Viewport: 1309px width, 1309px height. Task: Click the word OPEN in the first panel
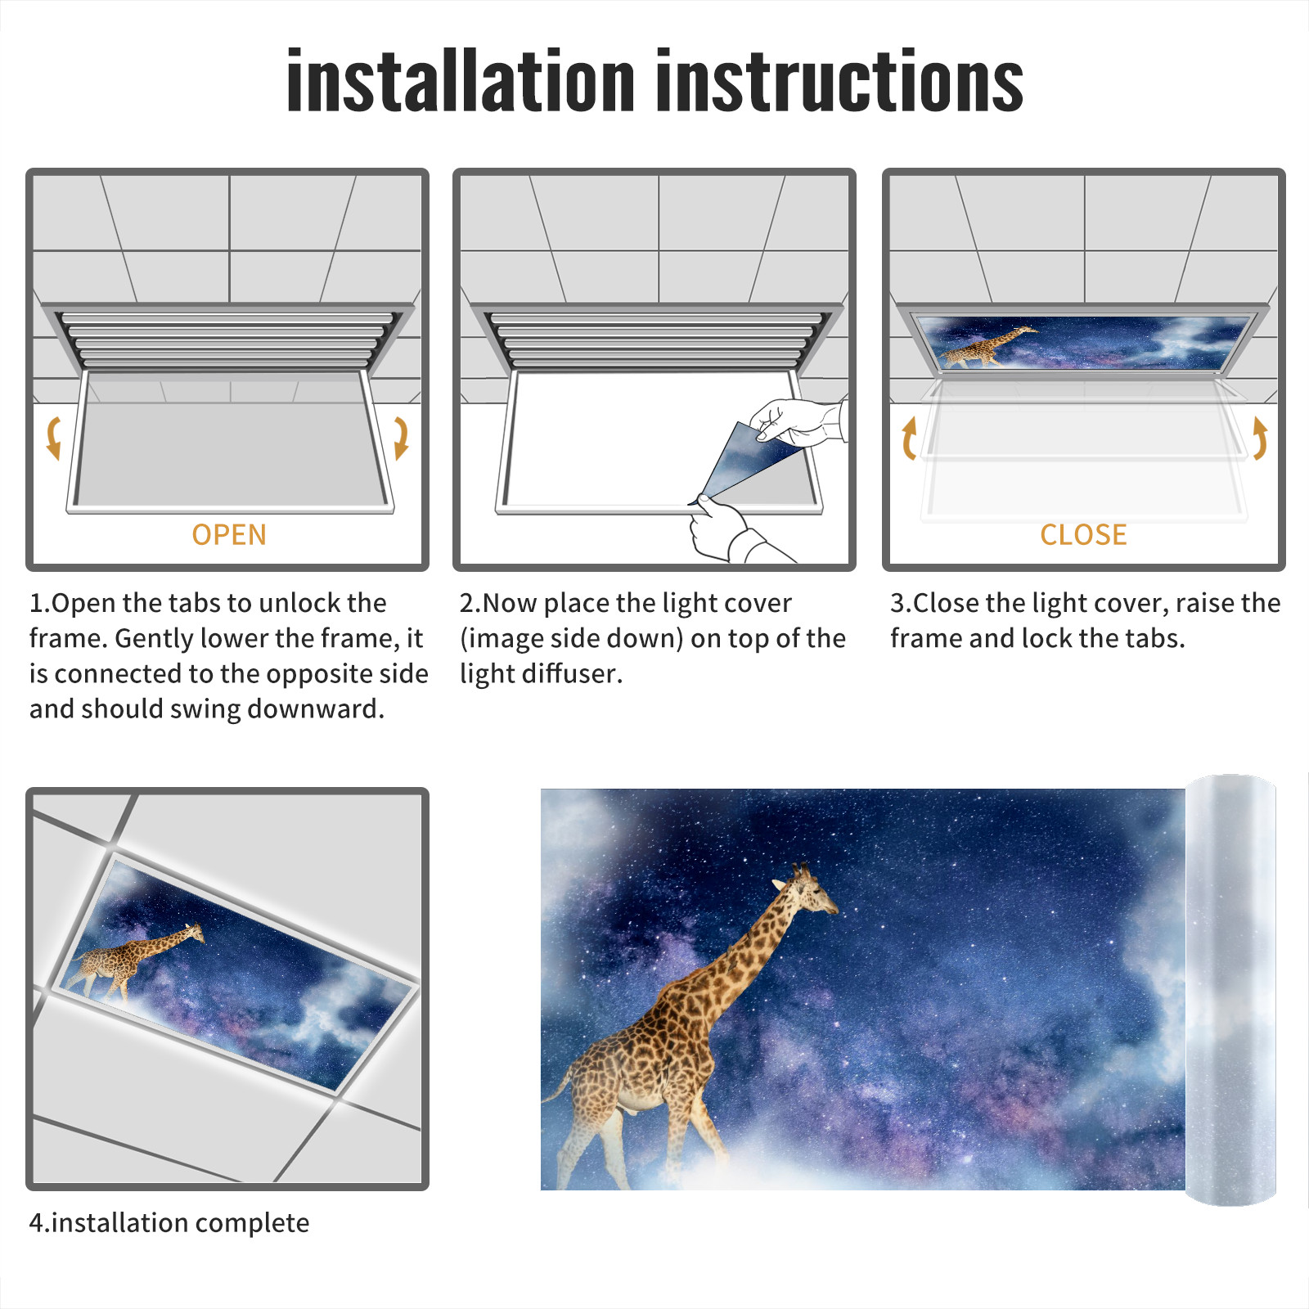(229, 535)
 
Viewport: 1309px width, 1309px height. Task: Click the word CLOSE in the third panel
(1083, 535)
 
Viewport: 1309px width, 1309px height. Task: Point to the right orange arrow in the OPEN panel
(402, 438)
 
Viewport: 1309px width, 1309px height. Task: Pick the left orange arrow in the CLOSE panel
(908, 438)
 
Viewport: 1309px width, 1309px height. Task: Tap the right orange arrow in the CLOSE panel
(1260, 438)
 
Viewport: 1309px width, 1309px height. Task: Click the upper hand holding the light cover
(798, 421)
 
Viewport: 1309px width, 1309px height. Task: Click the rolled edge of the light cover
(1230, 990)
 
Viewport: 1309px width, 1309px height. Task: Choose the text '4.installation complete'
(169, 1223)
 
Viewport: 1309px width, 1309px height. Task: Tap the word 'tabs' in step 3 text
(1154, 638)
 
